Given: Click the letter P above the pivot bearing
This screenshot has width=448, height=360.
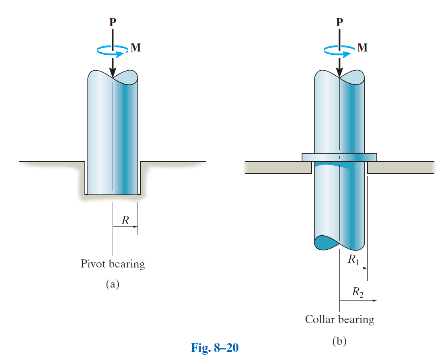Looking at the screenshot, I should click(x=113, y=22).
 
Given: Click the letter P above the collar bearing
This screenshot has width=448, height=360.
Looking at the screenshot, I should click(x=339, y=22).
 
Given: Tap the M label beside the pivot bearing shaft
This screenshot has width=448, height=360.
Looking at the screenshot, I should click(x=136, y=48).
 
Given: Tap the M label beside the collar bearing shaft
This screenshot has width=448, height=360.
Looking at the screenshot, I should click(x=362, y=48).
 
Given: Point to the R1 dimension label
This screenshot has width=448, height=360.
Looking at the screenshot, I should click(x=354, y=260).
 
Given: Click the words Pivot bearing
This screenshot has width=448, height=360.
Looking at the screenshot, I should click(x=113, y=264).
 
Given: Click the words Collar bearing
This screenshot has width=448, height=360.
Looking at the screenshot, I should click(x=339, y=319).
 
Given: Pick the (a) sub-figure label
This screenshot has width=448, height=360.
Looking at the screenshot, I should click(x=113, y=284).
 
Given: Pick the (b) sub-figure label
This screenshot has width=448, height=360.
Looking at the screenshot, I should click(x=339, y=341).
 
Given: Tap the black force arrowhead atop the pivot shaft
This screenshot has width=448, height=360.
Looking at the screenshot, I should click(x=113, y=72).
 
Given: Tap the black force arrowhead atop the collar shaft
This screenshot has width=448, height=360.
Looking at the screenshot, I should click(x=339, y=72).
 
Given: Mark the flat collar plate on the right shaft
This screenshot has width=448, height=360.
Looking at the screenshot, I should click(x=339, y=157).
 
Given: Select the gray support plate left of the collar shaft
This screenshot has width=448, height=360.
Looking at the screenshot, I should click(x=277, y=167).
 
